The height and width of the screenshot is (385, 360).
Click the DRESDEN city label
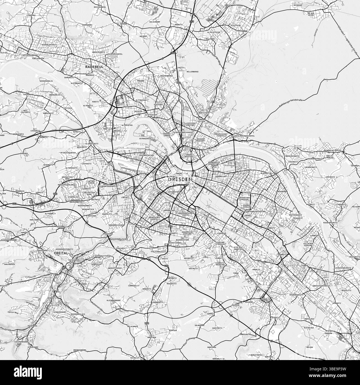180,179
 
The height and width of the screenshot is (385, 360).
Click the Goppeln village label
211,314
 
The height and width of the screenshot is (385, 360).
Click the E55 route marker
191,21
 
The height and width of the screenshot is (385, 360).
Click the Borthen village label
269,357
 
